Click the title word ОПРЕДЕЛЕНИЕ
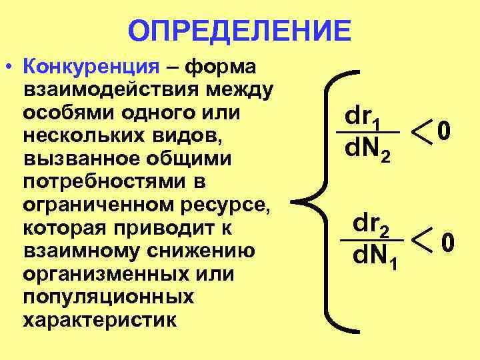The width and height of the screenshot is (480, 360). (239, 31)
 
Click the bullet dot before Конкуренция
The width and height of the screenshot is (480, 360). (8, 68)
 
